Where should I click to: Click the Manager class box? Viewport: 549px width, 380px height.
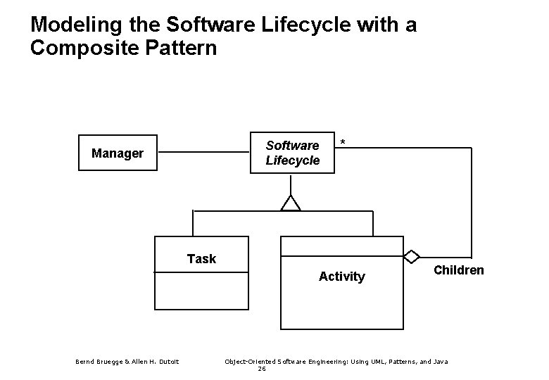tap(118, 153)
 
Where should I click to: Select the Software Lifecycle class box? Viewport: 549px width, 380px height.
tap(293, 153)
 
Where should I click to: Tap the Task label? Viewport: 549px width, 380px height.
tap(201, 259)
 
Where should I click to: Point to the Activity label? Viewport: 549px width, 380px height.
tap(341, 277)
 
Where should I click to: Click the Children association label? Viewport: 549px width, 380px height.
tap(458, 270)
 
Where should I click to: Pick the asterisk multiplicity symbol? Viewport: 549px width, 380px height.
tap(343, 144)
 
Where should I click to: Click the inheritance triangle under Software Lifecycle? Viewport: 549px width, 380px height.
tap(291, 203)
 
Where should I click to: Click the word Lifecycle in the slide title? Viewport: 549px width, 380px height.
tap(303, 25)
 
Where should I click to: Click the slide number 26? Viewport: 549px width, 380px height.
tap(261, 369)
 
